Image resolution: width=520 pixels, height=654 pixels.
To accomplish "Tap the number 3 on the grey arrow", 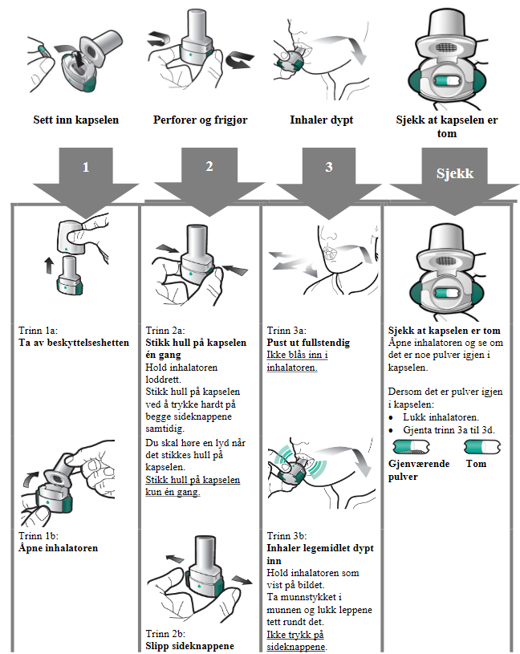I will [x=329, y=167].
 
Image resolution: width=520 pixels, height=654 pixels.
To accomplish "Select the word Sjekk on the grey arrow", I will [x=455, y=173].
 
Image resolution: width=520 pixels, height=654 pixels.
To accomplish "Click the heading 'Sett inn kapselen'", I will [x=76, y=120].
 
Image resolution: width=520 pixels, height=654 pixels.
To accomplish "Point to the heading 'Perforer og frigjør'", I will [x=201, y=120].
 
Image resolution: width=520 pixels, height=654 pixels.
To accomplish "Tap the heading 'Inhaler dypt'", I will [x=322, y=120].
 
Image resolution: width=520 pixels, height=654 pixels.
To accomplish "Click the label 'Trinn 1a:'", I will [x=38, y=331].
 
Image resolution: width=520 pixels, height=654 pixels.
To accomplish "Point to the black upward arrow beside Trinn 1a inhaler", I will [x=47, y=265].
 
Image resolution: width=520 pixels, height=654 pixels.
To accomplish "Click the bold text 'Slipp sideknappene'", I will [x=190, y=646].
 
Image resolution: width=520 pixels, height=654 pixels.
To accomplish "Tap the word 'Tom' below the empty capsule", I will [x=476, y=464].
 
